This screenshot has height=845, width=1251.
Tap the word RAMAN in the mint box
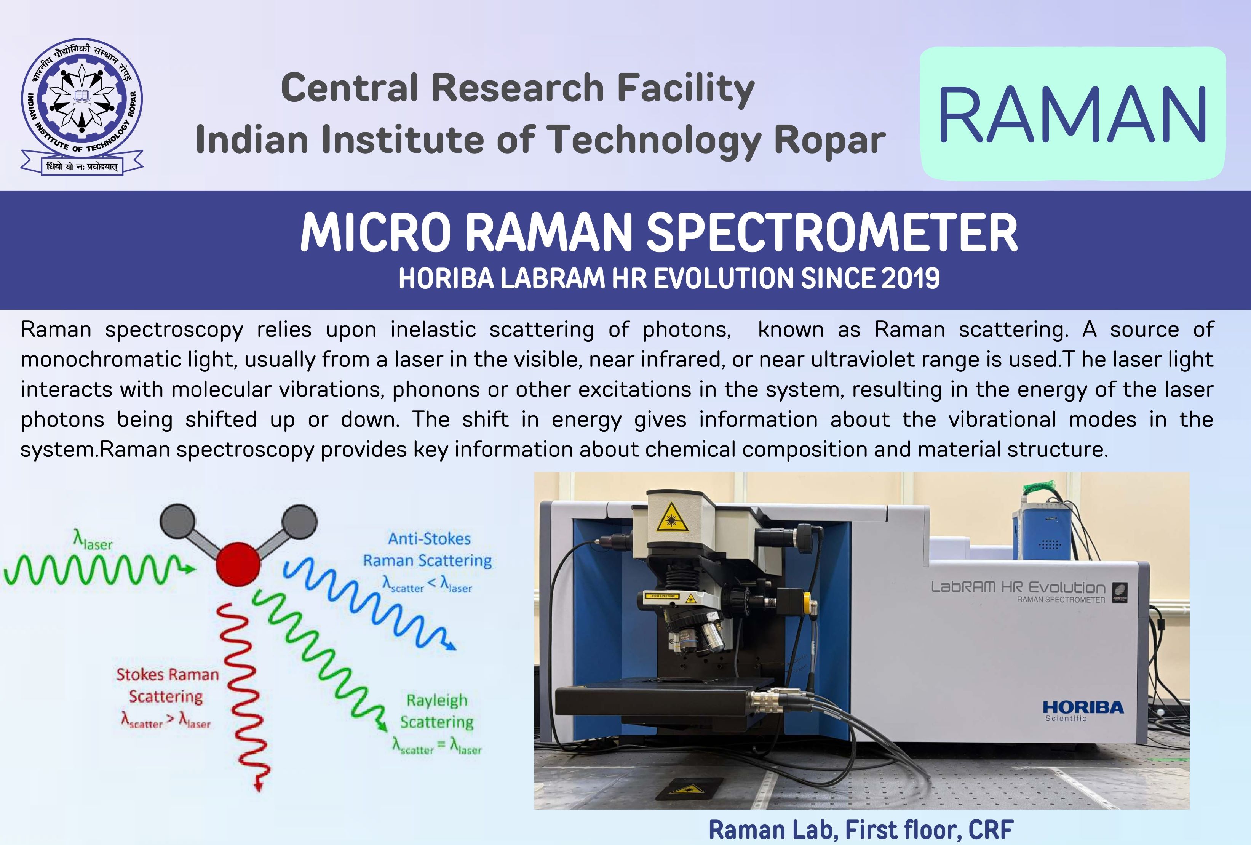pos(1072,114)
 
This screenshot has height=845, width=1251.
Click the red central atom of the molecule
pos(238,564)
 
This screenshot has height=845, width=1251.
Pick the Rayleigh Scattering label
pos(436,711)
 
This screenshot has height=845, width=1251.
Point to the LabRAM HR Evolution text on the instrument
pos(1018,587)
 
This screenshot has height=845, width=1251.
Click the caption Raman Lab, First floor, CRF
pos(861,830)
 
